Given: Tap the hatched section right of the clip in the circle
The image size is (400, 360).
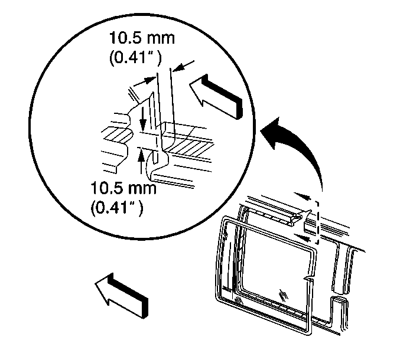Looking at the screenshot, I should [189, 145].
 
